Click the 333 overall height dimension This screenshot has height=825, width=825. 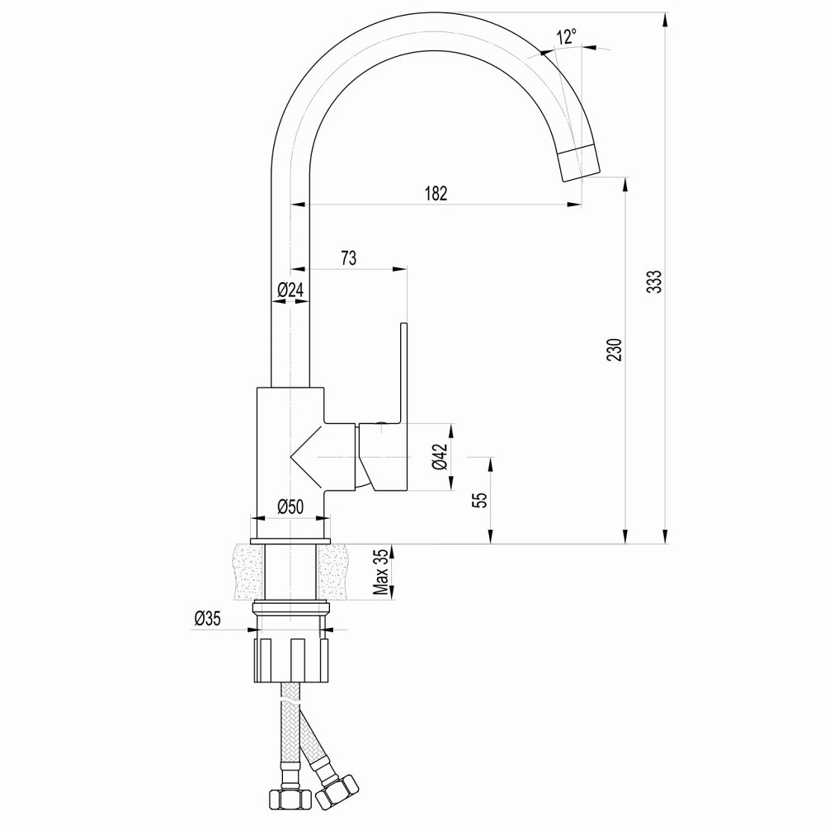pyautogui.click(x=654, y=281)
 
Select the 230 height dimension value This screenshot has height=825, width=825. pyautogui.click(x=613, y=350)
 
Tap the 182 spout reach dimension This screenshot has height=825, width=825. pyautogui.click(x=436, y=194)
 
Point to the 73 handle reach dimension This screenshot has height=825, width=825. pyautogui.click(x=348, y=258)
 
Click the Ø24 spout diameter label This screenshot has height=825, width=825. pyautogui.click(x=290, y=290)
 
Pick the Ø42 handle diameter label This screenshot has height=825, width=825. pyautogui.click(x=439, y=456)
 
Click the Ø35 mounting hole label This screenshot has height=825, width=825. pyautogui.click(x=207, y=619)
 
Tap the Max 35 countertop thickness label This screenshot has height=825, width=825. pyautogui.click(x=380, y=571)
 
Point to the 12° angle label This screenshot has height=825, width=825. pyautogui.click(x=566, y=37)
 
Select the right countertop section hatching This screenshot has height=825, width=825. pyautogui.click(x=334, y=572)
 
